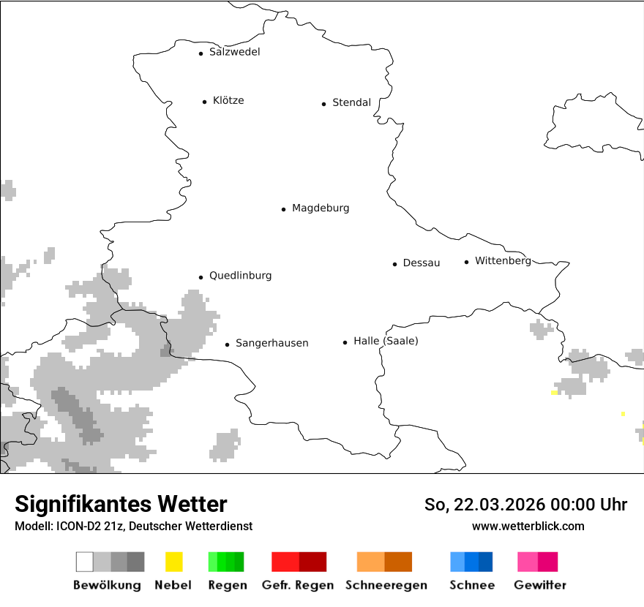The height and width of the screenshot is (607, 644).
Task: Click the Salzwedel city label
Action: click(x=234, y=52)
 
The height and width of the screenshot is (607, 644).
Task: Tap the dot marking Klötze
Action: click(x=204, y=102)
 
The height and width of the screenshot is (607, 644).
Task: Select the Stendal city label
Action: click(x=351, y=102)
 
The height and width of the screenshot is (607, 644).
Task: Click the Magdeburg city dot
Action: click(x=283, y=209)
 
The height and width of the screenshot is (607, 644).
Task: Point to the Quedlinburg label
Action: click(x=240, y=276)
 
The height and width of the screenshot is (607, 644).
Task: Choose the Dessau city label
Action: click(x=422, y=263)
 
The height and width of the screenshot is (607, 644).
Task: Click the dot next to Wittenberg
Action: click(x=466, y=262)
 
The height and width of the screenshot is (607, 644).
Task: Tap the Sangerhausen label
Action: click(x=272, y=343)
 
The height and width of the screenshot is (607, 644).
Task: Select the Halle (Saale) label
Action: click(x=386, y=341)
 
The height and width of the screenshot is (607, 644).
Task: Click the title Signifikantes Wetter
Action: click(x=121, y=504)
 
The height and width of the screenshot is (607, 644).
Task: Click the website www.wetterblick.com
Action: click(x=528, y=526)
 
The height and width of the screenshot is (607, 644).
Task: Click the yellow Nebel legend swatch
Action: click(x=173, y=562)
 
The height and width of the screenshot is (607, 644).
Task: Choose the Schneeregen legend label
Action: click(x=386, y=585)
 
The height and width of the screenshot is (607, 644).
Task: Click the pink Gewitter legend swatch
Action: click(x=528, y=562)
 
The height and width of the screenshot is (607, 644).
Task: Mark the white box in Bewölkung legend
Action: click(x=84, y=562)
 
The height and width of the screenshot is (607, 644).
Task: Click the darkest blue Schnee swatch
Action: click(x=486, y=562)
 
